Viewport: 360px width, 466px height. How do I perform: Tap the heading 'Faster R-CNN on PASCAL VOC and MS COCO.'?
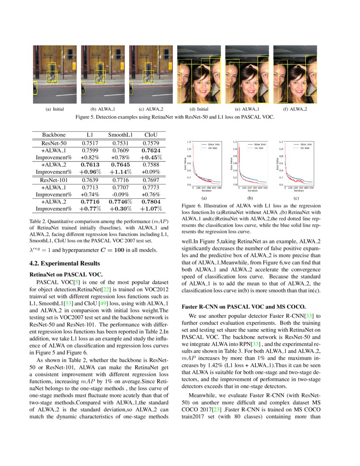click(x=240, y=306)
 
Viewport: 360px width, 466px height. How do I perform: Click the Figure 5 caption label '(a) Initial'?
click(x=54, y=109)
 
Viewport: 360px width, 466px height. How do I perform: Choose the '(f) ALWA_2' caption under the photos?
click(x=295, y=109)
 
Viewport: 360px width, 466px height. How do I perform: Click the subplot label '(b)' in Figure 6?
click(x=250, y=197)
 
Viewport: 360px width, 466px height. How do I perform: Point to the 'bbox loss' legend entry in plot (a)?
click(x=210, y=144)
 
